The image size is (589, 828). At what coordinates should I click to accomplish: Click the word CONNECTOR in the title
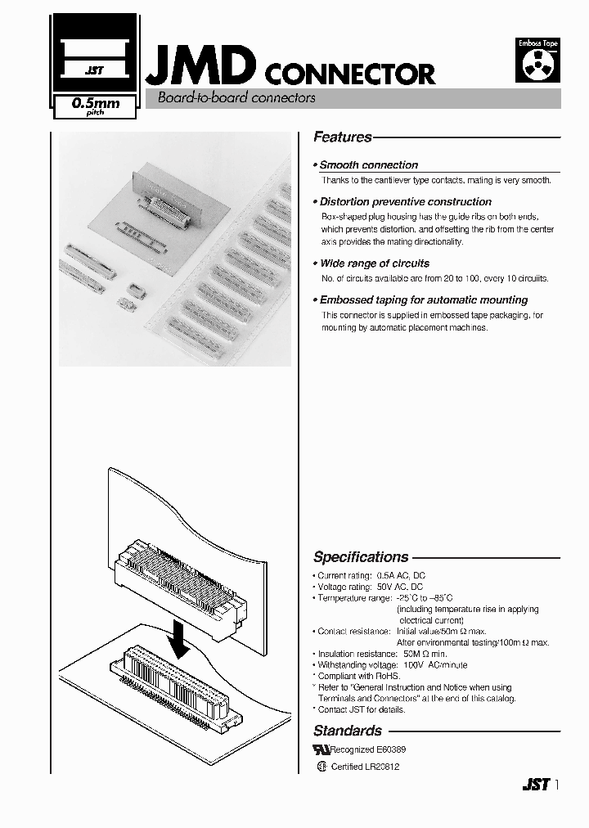[x=351, y=74]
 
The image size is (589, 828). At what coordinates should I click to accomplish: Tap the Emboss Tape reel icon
[x=537, y=59]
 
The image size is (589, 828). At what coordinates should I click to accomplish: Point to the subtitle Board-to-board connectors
[x=230, y=98]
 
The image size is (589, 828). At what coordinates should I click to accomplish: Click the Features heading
[x=343, y=137]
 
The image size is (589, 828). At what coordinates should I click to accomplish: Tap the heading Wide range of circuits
[x=374, y=263]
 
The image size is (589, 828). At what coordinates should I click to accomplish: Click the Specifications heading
[x=361, y=557]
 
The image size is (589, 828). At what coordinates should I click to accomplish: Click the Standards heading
[x=348, y=731]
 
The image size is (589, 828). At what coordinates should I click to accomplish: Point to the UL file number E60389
[x=390, y=749]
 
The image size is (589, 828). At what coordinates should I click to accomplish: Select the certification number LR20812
[x=383, y=767]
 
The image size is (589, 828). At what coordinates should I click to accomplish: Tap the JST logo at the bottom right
[x=534, y=784]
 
